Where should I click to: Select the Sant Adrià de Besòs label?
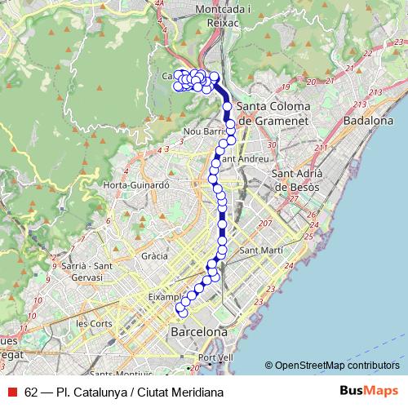coord(295,180)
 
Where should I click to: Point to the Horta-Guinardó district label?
coord(135,185)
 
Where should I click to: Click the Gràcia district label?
coord(154,255)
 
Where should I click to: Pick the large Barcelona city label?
coord(198,333)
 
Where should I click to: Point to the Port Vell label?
coord(215,357)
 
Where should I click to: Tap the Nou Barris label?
coord(203,131)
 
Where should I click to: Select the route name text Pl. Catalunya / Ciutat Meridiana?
coord(140,392)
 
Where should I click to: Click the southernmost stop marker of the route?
coord(184,313)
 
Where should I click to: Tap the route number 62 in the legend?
coord(32,392)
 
